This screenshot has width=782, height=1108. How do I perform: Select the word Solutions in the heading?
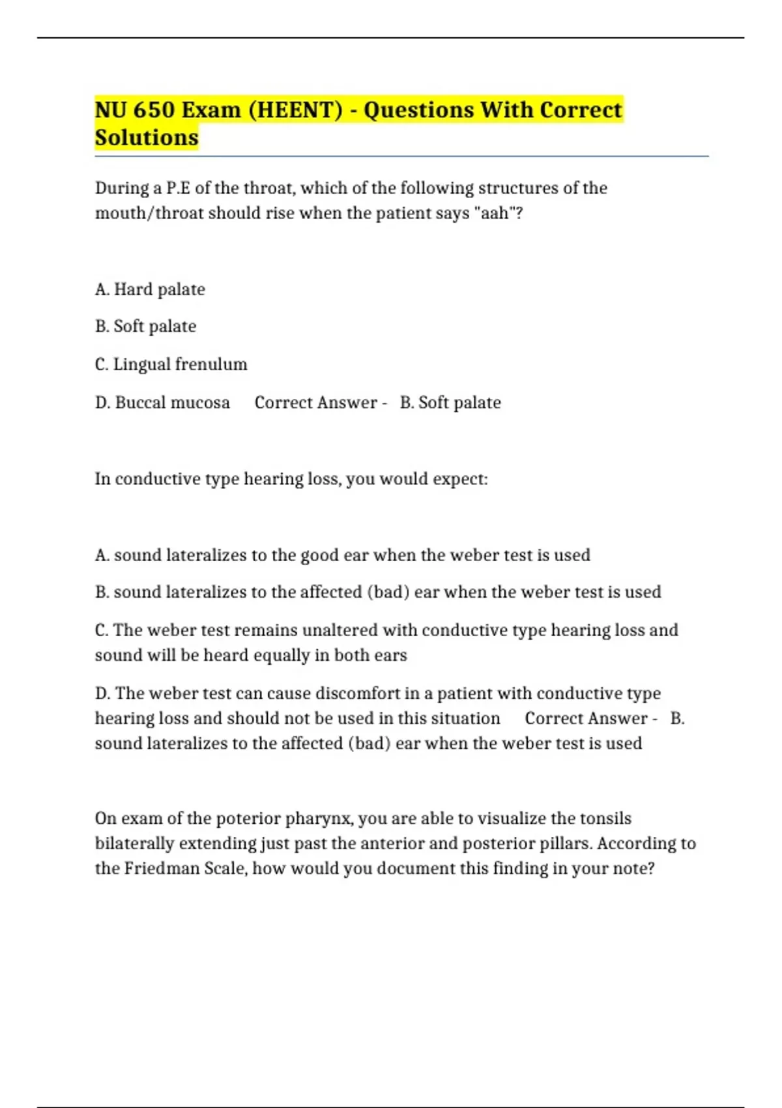(x=147, y=138)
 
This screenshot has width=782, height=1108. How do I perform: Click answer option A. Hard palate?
(x=150, y=289)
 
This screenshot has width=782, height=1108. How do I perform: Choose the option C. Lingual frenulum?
(x=171, y=364)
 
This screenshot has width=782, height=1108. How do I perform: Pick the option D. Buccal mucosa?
(x=162, y=402)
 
